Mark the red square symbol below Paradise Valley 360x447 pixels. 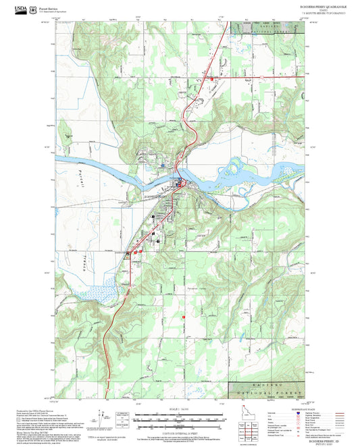184,315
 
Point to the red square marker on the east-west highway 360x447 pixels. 212,79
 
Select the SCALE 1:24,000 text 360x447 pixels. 180,410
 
